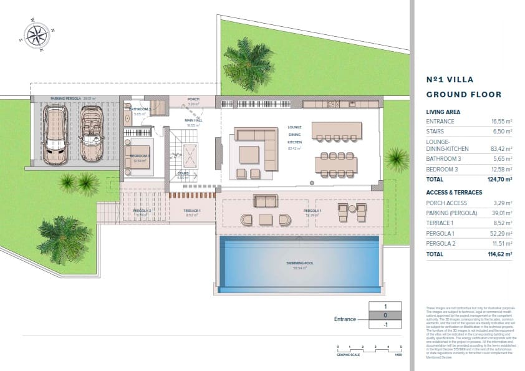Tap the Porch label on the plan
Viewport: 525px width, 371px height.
[x=193, y=98]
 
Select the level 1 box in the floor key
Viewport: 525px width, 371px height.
[x=386, y=307]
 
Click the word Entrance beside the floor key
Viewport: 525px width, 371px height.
[x=345, y=319]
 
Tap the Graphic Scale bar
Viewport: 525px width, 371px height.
[x=369, y=347]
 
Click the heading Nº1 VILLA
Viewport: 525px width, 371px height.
[x=450, y=80]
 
